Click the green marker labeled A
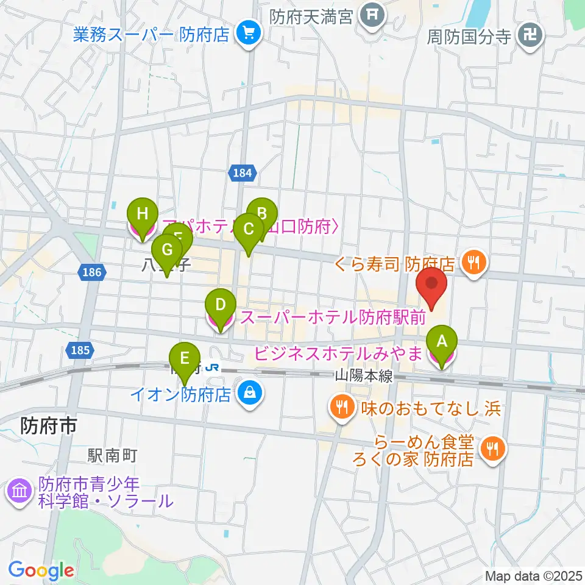point(442,343)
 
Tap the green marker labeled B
point(262,214)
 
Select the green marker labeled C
point(248,230)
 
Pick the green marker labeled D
point(221,305)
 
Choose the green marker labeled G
point(167,250)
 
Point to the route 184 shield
point(243,174)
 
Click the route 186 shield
point(91,272)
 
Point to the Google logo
point(41,570)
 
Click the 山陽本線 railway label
point(363,377)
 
